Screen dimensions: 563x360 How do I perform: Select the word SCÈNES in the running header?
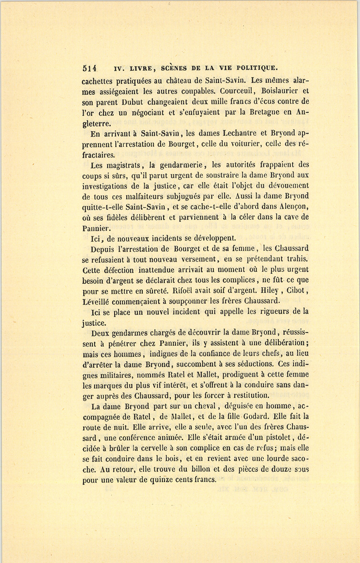click(x=174, y=68)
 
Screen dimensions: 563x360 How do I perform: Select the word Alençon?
click(x=288, y=207)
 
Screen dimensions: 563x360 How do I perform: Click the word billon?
click(x=200, y=469)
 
